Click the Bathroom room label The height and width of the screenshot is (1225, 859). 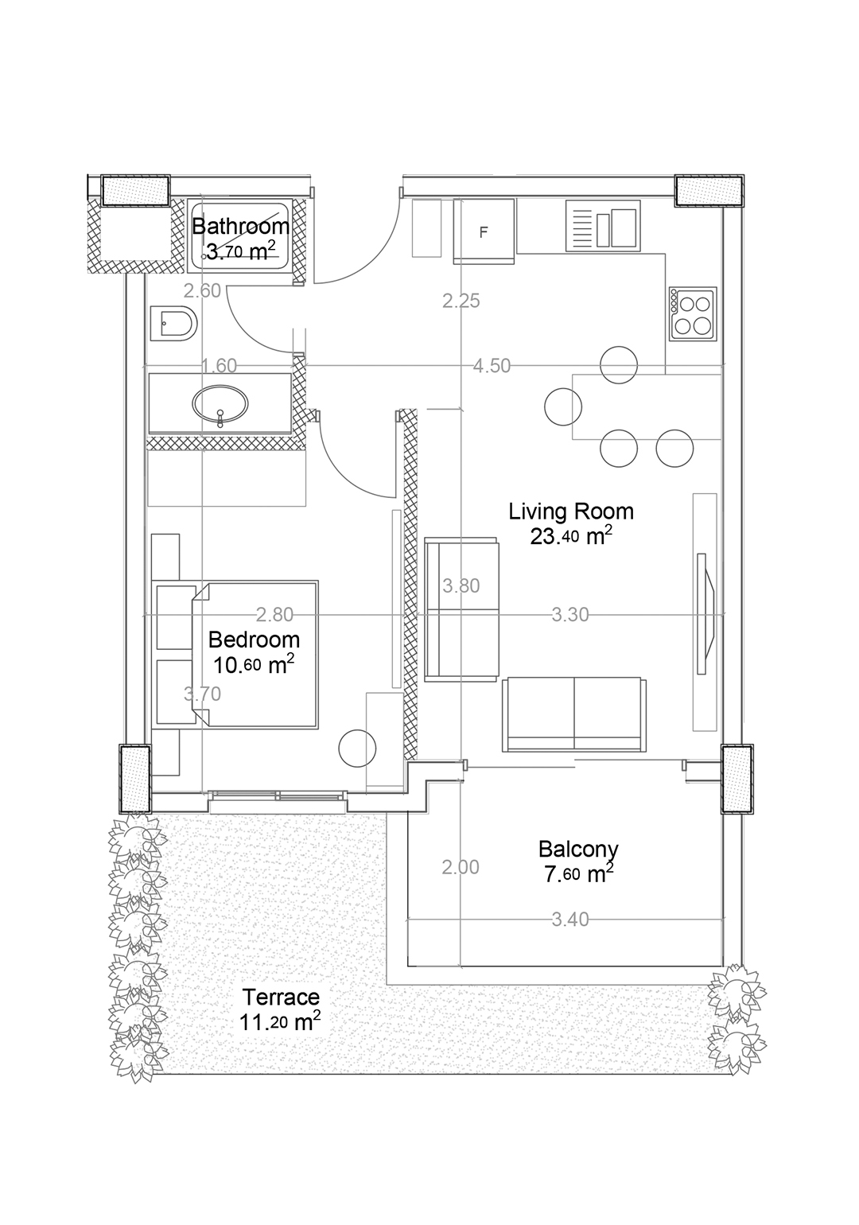240,226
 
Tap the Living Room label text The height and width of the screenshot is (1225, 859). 571,512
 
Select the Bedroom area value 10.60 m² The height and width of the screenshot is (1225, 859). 254,664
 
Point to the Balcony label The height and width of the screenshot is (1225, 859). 578,850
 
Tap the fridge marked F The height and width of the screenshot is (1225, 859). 484,232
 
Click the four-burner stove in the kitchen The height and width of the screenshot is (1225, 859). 693,314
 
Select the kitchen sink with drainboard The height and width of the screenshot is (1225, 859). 603,225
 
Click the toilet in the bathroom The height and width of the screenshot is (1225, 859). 173,325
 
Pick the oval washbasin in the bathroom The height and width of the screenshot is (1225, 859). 220,405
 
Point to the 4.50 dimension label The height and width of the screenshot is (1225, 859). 492,366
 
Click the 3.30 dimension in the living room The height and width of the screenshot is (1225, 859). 570,615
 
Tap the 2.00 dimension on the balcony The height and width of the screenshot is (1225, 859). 461,867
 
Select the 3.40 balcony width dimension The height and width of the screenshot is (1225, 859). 570,920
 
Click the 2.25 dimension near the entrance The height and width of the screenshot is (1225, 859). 461,301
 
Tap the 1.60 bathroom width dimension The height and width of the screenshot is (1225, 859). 219,366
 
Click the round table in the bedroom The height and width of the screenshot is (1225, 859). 358,749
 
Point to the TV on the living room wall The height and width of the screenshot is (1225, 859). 705,614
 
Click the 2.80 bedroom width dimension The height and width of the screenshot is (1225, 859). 274,615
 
